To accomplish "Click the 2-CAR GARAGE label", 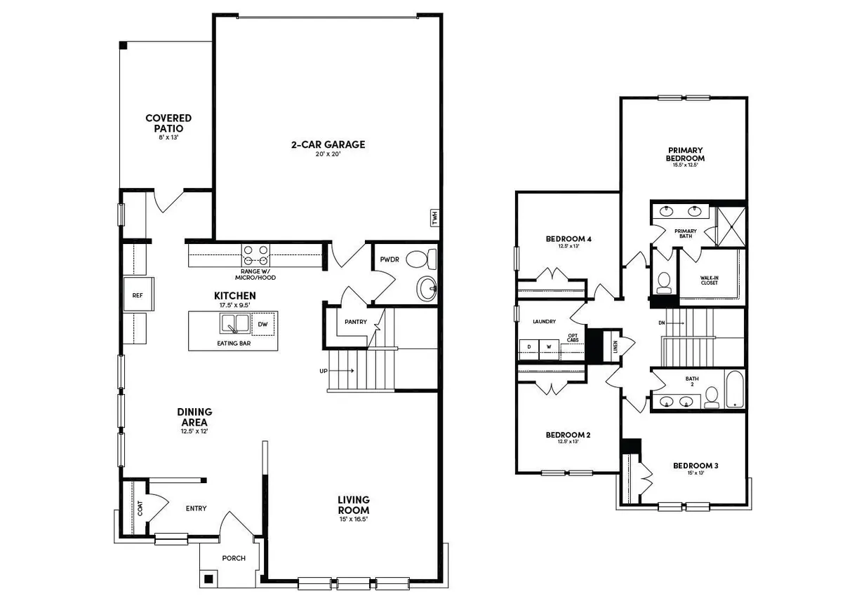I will pos(328,145).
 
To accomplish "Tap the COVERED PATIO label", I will pos(168,123).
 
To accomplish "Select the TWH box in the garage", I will pos(434,217).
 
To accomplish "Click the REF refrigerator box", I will pos(138,295).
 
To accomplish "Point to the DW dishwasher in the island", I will pos(262,324).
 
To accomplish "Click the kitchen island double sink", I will pos(234,324).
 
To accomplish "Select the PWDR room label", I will pos(389,259).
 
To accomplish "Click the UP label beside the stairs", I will pos(324,370).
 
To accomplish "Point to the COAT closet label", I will pos(140,508).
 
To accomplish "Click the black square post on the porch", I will pos(208,579).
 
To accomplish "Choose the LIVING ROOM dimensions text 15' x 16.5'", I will pos(353,520).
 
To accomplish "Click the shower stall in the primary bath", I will pos(730,226).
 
